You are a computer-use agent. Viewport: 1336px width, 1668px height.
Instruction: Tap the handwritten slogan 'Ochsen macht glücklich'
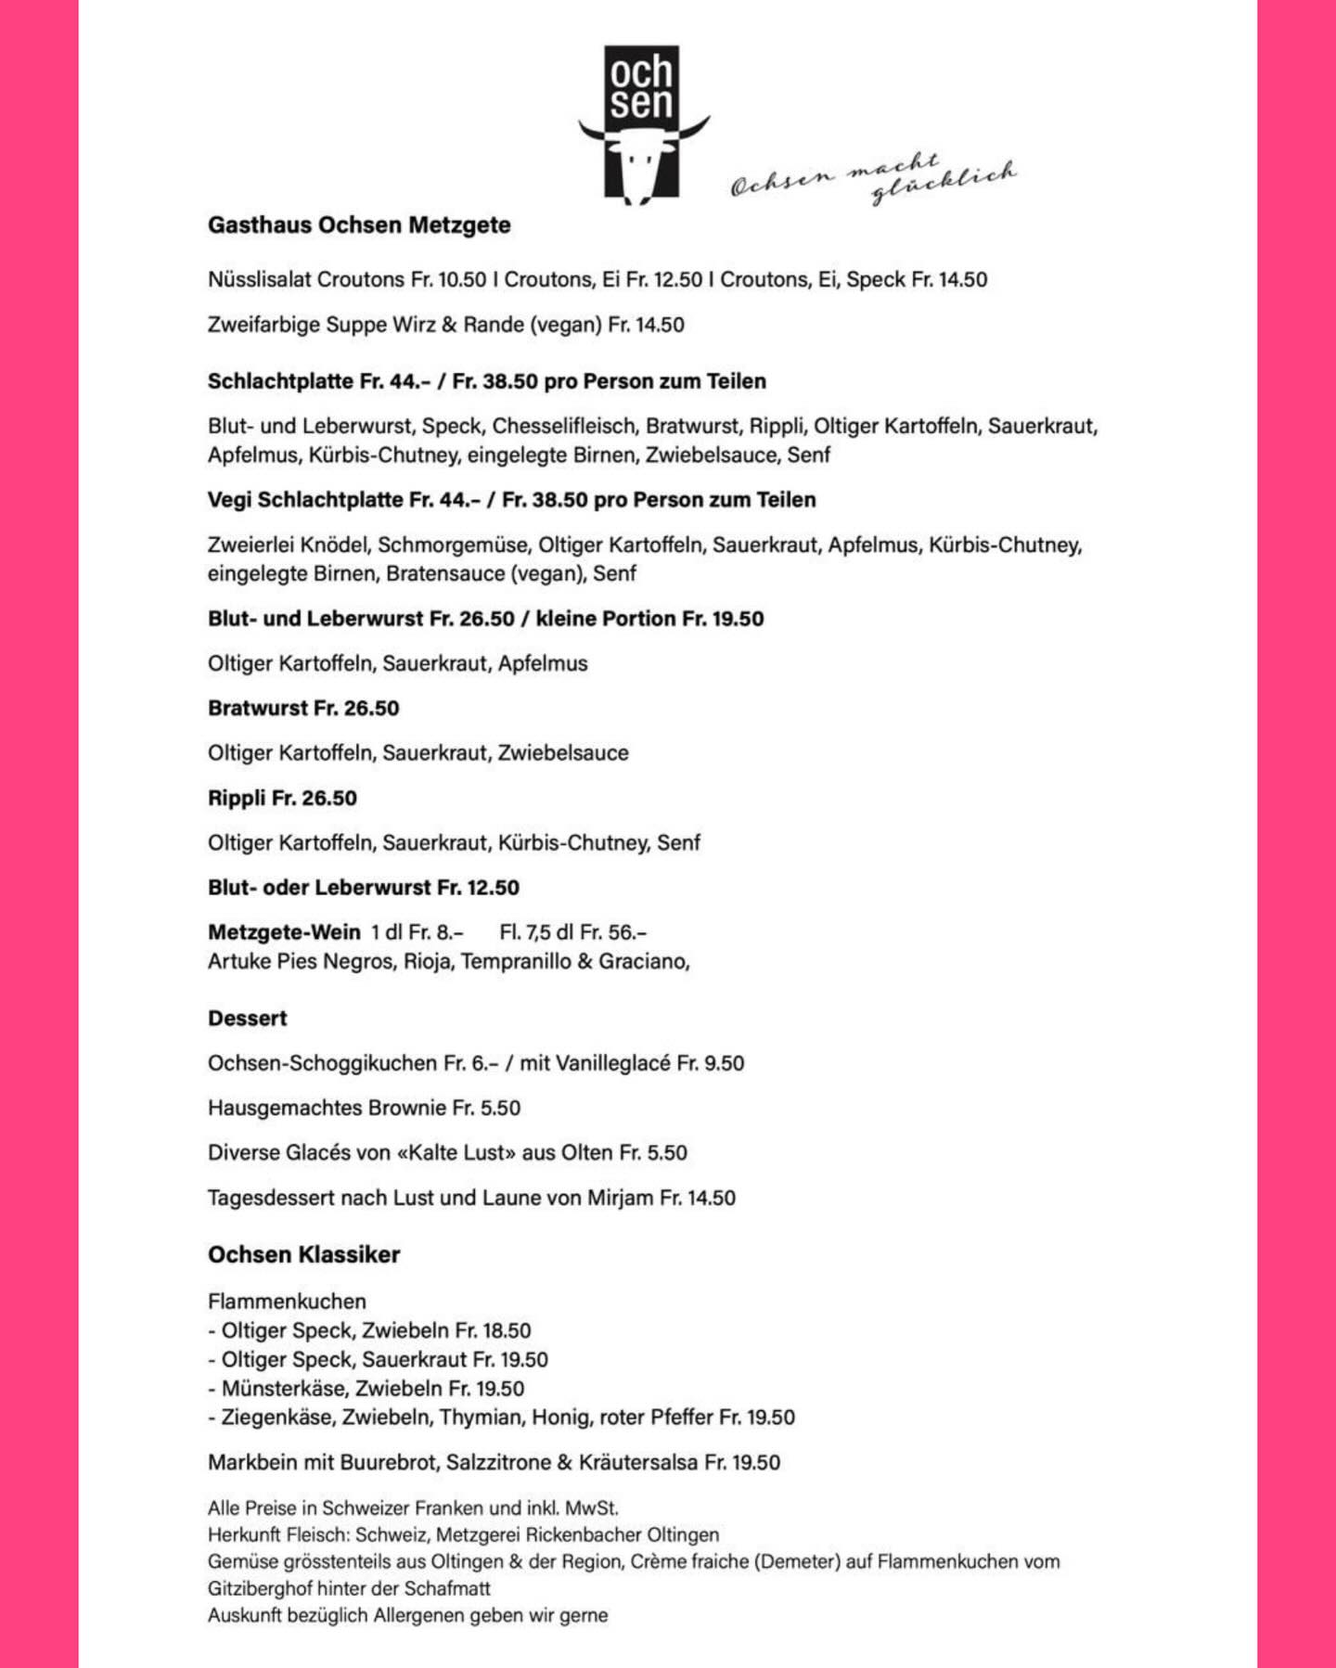tap(873, 176)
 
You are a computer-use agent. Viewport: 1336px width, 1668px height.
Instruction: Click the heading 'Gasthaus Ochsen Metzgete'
tap(359, 225)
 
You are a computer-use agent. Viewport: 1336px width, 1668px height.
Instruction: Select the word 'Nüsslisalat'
tap(259, 279)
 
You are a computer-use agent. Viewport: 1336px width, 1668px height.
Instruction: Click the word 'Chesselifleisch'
tap(564, 426)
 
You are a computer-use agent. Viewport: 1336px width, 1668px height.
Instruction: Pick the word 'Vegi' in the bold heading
tap(229, 500)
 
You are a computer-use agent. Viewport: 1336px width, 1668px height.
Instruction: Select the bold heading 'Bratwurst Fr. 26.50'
tap(303, 709)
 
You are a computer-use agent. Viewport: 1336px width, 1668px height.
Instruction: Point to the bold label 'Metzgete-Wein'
tap(284, 932)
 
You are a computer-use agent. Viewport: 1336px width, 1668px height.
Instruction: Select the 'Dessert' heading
tap(248, 1019)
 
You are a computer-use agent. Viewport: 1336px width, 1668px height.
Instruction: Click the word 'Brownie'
tap(406, 1108)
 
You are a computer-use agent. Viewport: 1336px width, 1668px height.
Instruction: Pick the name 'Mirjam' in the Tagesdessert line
tap(620, 1198)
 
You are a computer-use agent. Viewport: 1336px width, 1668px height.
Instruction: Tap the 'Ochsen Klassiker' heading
tap(304, 1255)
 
